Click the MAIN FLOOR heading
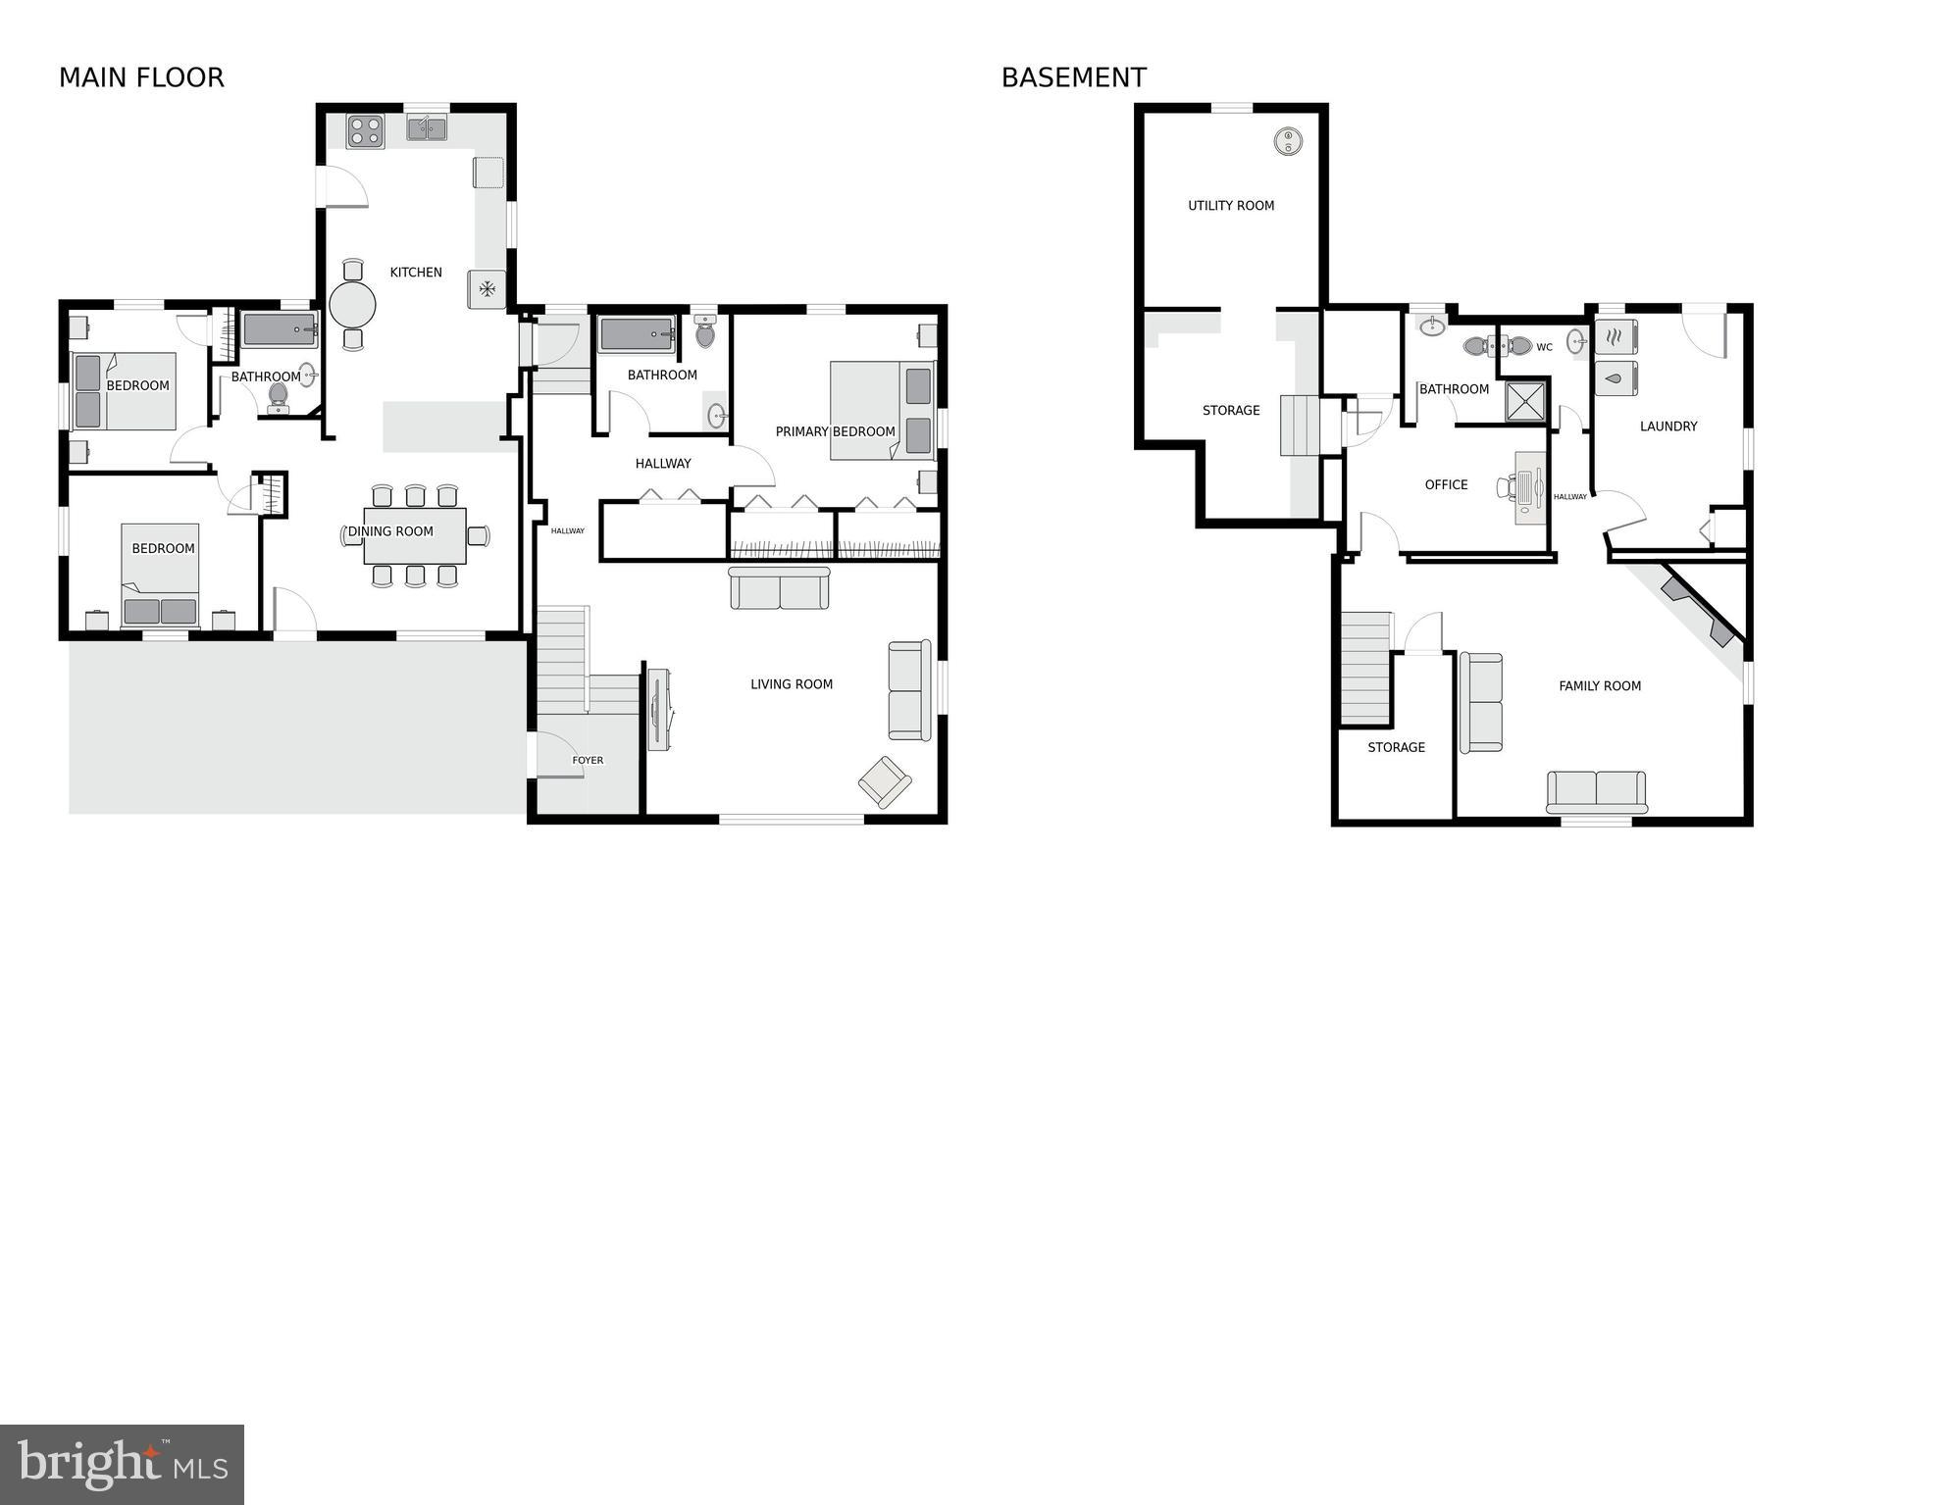coord(141,77)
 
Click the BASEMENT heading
coord(1073,77)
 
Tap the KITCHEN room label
coord(416,273)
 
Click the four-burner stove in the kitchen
coord(365,131)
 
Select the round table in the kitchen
coord(352,305)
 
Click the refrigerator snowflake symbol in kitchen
coord(487,289)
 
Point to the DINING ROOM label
coord(390,531)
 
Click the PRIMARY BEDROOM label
coord(835,431)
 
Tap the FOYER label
coord(588,760)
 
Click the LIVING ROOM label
coord(792,684)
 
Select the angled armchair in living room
coord(885,781)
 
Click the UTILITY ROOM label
coord(1231,206)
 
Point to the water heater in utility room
coord(1288,141)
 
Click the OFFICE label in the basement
coord(1446,484)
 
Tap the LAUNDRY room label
coord(1667,426)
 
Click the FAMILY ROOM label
coord(1600,686)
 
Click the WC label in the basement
coord(1544,347)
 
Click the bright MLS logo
coord(122,1464)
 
